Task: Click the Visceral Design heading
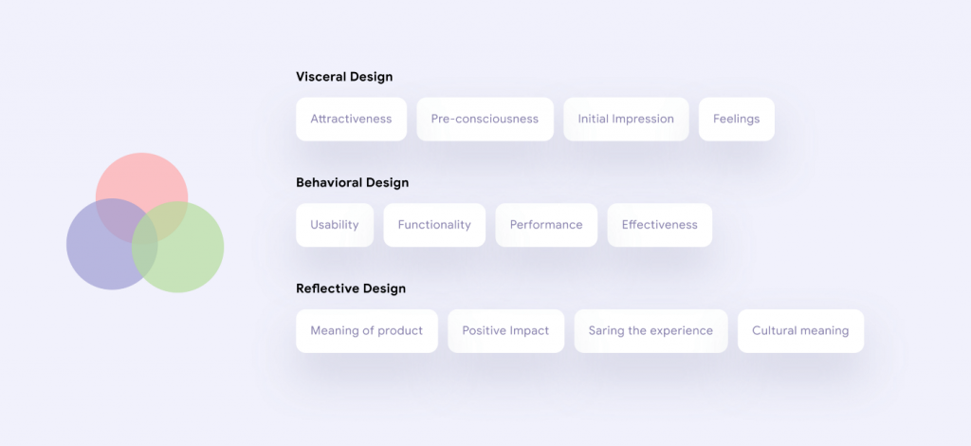344,77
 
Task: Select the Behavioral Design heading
353,183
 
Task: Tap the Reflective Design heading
351,288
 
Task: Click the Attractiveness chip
351,119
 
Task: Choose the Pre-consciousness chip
485,119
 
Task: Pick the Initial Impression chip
626,119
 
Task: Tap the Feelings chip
736,119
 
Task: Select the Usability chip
335,225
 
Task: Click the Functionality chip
434,225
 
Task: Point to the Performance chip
546,225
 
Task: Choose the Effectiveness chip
660,225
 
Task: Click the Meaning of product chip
367,331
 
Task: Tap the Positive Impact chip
506,331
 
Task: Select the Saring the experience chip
650,331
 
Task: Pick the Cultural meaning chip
800,331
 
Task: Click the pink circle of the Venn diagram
142,177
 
